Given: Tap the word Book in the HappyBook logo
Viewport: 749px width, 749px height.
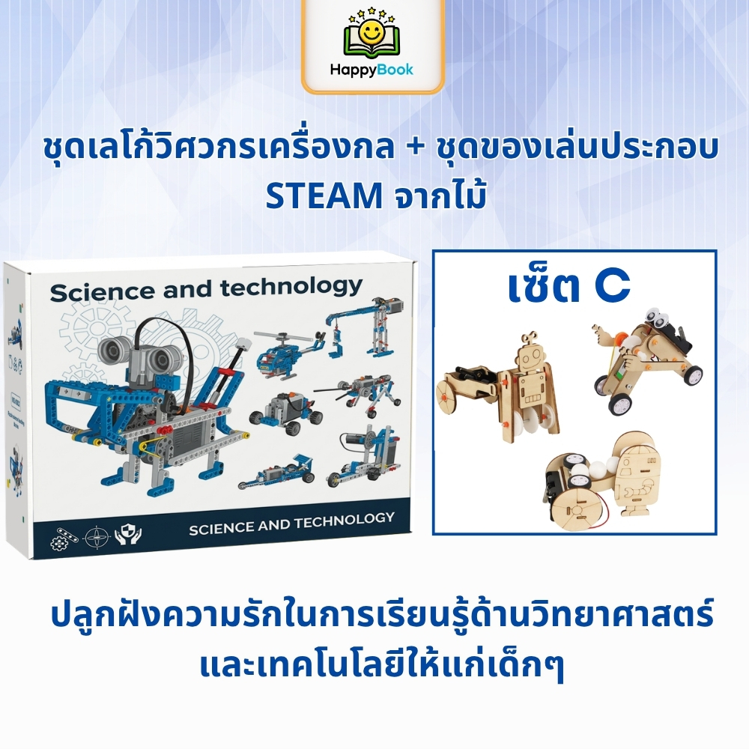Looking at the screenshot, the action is tap(394, 70).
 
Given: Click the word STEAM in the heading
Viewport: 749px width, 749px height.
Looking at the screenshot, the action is tap(324, 195).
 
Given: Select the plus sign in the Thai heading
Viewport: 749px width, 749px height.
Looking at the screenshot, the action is tap(416, 147).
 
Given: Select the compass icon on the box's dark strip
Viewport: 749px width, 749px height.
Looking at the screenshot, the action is tap(99, 537).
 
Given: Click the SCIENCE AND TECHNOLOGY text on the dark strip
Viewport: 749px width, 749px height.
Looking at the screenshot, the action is tap(292, 524).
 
